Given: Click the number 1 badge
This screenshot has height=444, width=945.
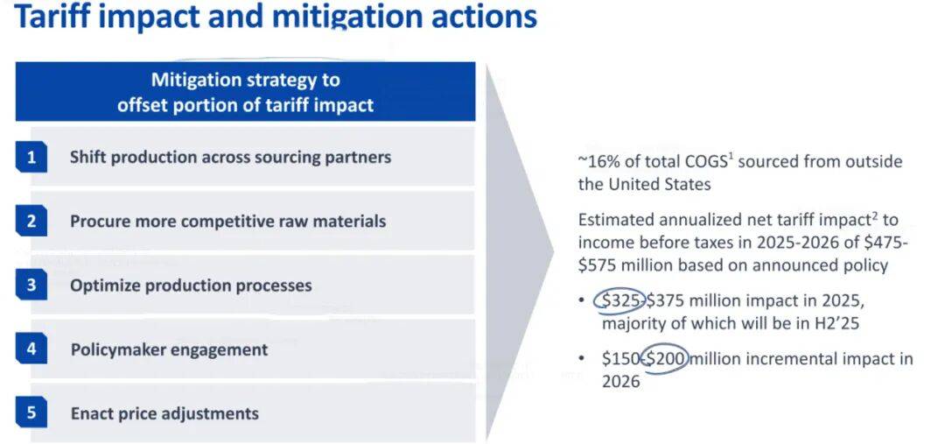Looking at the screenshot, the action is pos(31,158).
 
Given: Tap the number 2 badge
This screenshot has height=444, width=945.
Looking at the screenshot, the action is pos(31,222).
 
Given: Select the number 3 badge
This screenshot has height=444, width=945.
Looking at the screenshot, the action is pos(31,285).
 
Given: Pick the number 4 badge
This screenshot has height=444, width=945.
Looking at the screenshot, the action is pos(31,349).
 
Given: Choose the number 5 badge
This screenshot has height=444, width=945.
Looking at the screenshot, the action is pos(31,413).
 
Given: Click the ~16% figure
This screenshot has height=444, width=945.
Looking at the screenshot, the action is pos(598,162).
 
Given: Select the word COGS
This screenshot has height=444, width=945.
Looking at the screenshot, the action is pos(704,162).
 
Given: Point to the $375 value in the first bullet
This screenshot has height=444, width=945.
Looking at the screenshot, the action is pos(667,300).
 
